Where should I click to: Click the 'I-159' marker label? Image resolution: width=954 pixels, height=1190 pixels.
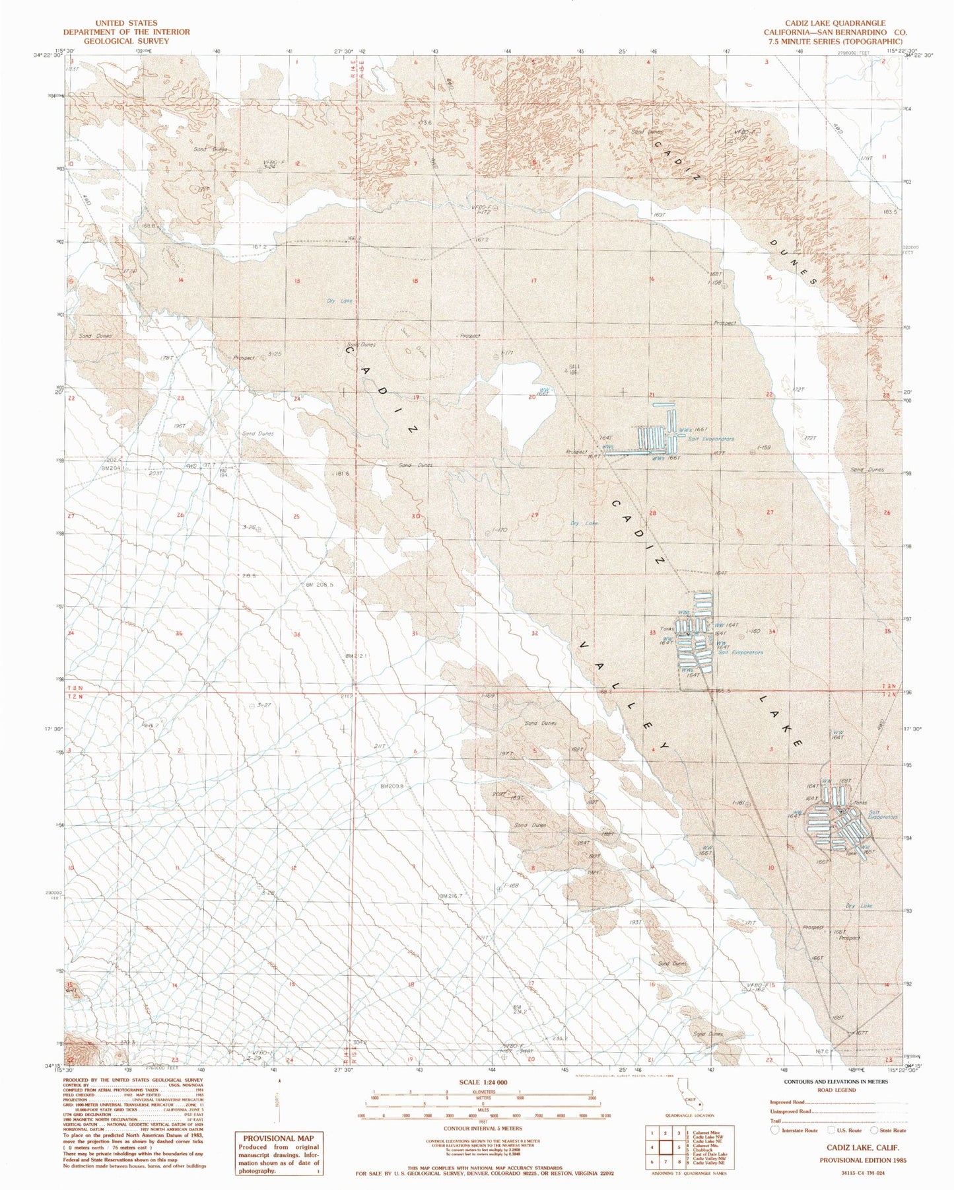click(763, 448)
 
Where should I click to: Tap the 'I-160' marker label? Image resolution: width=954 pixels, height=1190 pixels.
click(753, 631)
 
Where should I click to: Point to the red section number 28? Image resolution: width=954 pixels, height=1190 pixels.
click(652, 513)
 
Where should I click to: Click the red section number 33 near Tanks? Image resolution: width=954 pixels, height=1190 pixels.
click(652, 632)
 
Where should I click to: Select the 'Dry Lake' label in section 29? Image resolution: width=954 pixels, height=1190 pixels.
click(584, 523)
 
